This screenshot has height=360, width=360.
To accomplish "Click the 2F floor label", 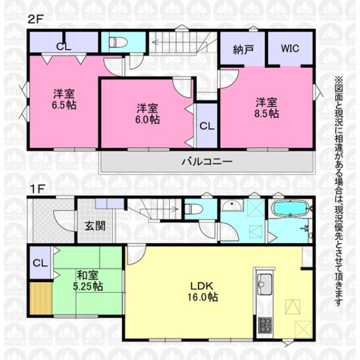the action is click(35, 19).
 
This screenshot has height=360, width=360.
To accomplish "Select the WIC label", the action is click(290, 49).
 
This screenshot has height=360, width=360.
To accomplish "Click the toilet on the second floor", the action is click(118, 43).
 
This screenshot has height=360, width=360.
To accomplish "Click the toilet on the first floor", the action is click(194, 209).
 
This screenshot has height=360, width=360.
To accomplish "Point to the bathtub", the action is click(290, 208).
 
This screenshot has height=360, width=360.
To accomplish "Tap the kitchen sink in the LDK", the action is click(265, 284).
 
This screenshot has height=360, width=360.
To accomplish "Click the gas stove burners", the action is click(265, 325).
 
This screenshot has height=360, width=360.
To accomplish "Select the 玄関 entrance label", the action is click(95, 226).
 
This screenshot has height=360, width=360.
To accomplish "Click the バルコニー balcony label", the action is click(207, 161).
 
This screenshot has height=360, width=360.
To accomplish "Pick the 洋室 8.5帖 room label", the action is click(266, 108).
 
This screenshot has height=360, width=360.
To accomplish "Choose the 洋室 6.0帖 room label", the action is click(148, 114).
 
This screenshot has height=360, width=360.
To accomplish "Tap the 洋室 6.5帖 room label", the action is click(64, 99).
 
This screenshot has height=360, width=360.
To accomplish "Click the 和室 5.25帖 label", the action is click(88, 281).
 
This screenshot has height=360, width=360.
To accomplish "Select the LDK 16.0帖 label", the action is click(203, 292).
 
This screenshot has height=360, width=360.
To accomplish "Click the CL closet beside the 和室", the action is click(40, 263).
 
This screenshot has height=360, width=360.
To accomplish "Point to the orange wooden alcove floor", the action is click(41, 298).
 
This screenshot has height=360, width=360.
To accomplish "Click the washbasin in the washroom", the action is click(232, 205).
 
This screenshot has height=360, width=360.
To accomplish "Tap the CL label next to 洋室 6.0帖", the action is click(206, 126).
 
